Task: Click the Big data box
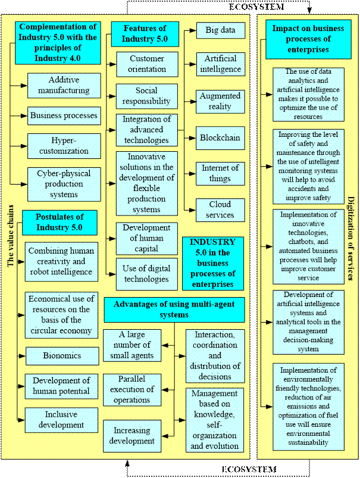click(220, 30)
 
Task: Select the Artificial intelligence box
click(221, 64)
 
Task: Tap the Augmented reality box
click(220, 101)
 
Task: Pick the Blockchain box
click(220, 138)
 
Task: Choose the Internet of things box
click(220, 173)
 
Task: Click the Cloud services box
click(221, 210)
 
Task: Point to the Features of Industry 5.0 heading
click(145, 34)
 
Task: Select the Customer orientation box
click(147, 64)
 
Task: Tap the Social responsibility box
click(147, 96)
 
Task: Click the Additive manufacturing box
click(64, 85)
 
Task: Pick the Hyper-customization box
click(64, 145)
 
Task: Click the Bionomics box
click(62, 355)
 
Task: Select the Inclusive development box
click(62, 420)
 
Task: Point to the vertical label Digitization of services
click(350, 238)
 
